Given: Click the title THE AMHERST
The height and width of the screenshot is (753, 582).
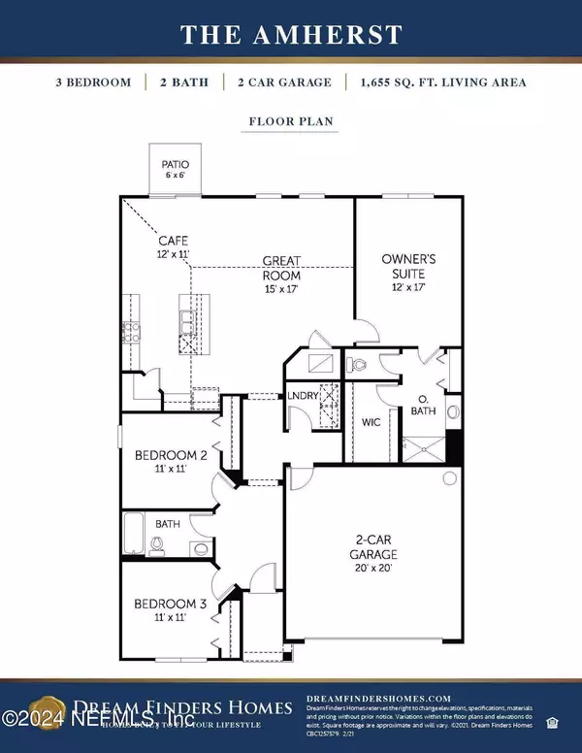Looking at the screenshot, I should click(x=291, y=35).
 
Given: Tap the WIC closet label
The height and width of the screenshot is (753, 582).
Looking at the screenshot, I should click(x=371, y=422).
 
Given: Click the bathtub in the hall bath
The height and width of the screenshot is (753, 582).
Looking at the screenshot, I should click(x=136, y=533).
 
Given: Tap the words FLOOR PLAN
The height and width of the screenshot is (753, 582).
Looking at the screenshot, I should click(x=290, y=123).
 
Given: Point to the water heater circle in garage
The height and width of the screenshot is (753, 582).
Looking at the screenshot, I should click(x=449, y=477).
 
